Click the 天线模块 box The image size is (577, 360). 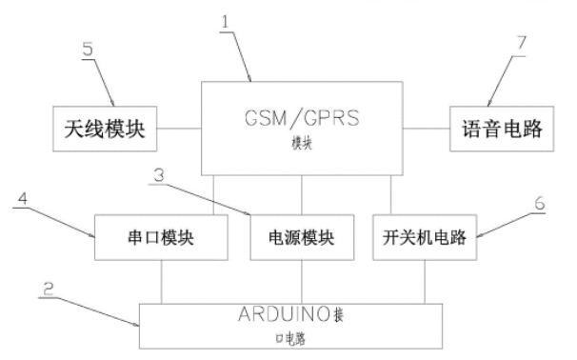pyautogui.click(x=104, y=128)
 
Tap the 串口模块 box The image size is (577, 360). pyautogui.click(x=162, y=236)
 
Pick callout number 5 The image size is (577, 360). pyautogui.click(x=90, y=50)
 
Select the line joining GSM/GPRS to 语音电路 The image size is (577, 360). pyautogui.click(x=426, y=128)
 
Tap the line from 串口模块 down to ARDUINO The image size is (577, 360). pyautogui.click(x=162, y=282)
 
